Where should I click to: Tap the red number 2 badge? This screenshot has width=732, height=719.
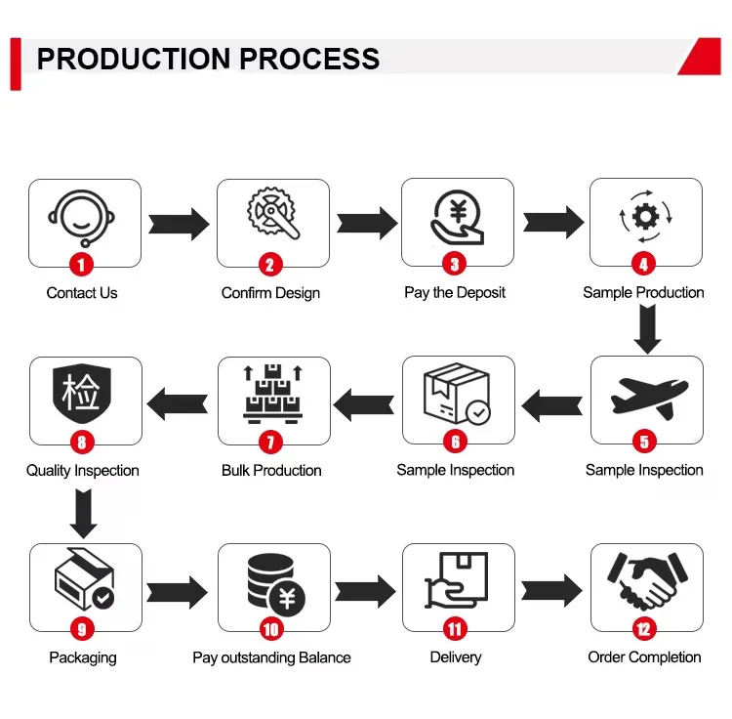pos(269,264)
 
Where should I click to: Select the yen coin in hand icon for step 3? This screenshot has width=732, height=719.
pos(457,217)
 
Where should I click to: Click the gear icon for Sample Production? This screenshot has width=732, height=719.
pos(645,215)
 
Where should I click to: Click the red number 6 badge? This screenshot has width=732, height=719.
pos(456,442)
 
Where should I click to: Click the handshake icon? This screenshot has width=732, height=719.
pos(645,581)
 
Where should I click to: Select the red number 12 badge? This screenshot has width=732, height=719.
pos(644,629)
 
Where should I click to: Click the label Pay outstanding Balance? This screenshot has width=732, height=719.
pos(271,657)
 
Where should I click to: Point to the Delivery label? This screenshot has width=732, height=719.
pos(456,657)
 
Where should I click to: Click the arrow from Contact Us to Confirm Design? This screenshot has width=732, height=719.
pos(179,224)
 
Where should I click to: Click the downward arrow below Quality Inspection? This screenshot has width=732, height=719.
pos(84,514)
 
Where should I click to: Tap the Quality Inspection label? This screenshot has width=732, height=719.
pos(83,471)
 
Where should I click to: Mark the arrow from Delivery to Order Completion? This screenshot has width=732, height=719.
pos(551,590)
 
